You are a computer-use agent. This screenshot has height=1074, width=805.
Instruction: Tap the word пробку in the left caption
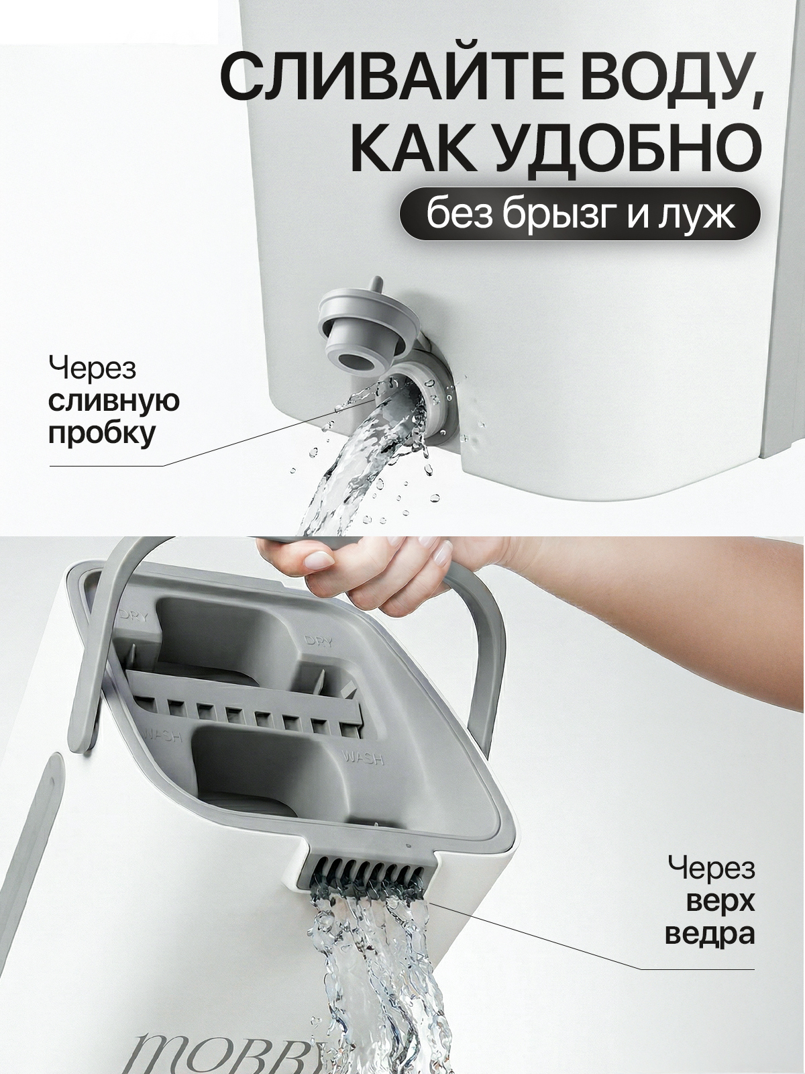(101, 434)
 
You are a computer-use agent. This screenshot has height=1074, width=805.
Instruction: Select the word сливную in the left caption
(113, 401)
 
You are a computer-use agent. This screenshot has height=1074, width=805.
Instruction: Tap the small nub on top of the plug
(376, 285)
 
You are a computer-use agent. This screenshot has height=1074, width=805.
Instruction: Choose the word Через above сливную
(92, 369)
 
